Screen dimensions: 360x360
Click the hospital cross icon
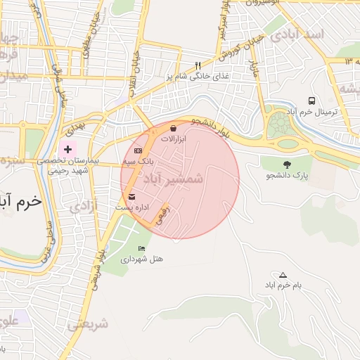(x=67, y=149)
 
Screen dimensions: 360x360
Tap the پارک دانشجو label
(x=287, y=175)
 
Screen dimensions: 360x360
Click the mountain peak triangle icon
(x=283, y=274)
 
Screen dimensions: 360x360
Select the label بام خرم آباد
(x=283, y=286)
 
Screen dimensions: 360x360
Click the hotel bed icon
(x=141, y=248)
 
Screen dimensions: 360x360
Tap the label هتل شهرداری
(x=141, y=259)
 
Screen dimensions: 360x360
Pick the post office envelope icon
(x=132, y=196)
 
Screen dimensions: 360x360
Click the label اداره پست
(x=132, y=208)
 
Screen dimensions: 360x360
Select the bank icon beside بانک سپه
(x=138, y=150)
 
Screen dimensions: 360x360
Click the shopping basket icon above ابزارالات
(x=173, y=128)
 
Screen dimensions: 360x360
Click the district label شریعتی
(x=89, y=325)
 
